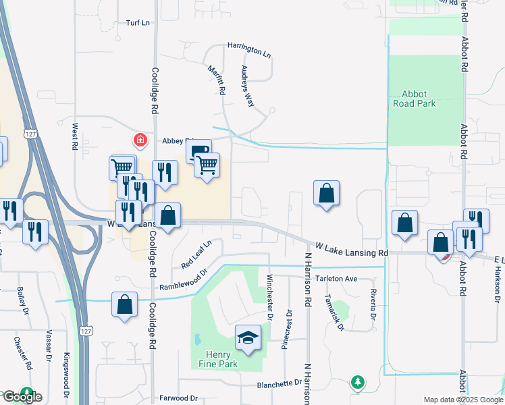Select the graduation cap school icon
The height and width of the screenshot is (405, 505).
tap(248, 337)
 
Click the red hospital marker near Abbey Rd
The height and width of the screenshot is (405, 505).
tap(140, 140)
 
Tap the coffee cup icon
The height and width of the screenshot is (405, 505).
tap(198, 151)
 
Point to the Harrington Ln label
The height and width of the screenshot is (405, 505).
tap(248, 51)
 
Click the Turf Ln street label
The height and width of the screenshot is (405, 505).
tap(137, 23)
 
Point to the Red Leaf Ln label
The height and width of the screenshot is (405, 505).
tap(196, 252)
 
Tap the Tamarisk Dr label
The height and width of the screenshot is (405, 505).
tap(334, 313)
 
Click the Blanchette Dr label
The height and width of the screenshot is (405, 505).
tap(279, 384)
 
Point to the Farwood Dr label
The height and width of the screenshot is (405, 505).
tap(178, 398)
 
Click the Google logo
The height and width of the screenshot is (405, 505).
tap(22, 397)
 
